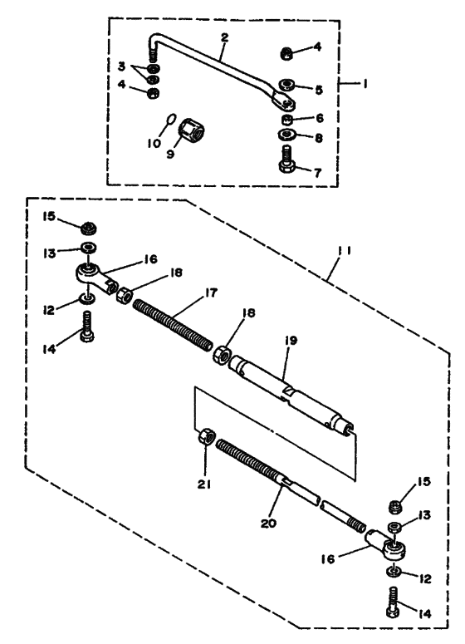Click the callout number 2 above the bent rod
224,37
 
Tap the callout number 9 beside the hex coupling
170,154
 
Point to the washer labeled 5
287,85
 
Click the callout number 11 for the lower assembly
344,250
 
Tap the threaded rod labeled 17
174,325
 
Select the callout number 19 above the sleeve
291,341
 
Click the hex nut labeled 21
206,435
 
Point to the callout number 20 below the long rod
268,524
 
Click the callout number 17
211,293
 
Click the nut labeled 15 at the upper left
88,229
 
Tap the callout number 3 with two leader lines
121,66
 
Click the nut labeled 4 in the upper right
287,53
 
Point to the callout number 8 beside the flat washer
319,137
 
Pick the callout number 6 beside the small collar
319,118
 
